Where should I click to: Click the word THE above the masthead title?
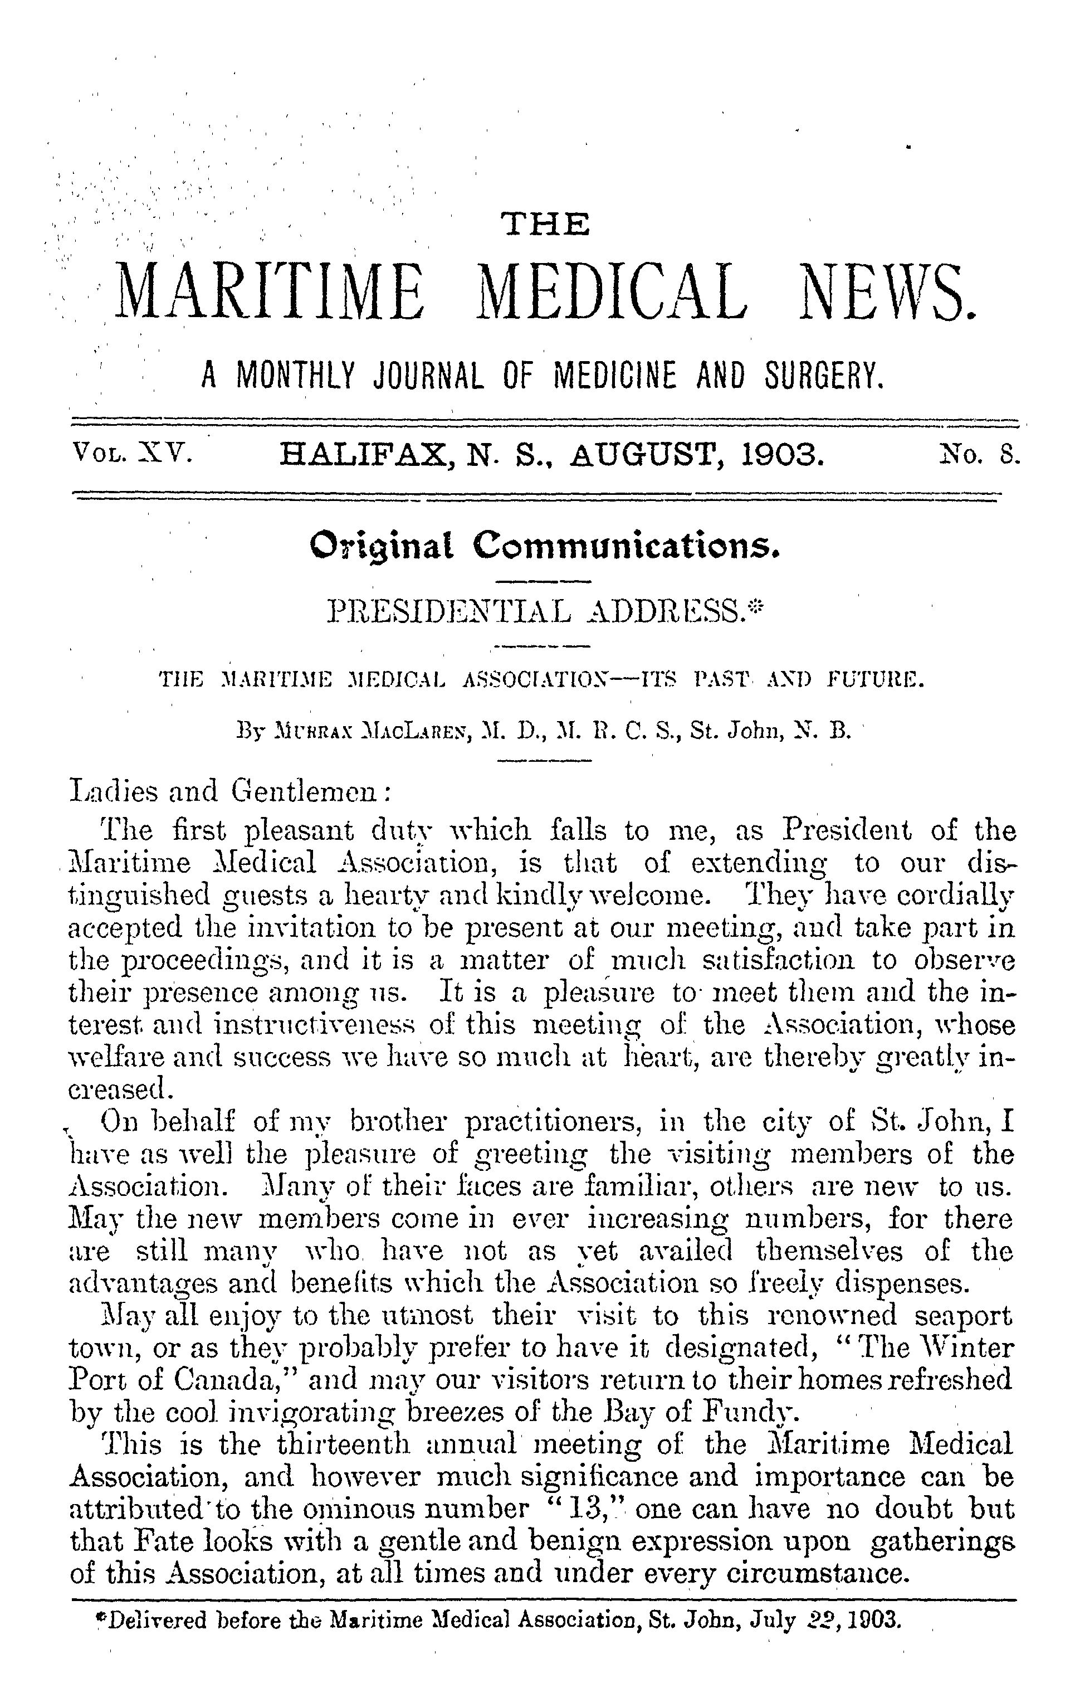pyautogui.click(x=546, y=225)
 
